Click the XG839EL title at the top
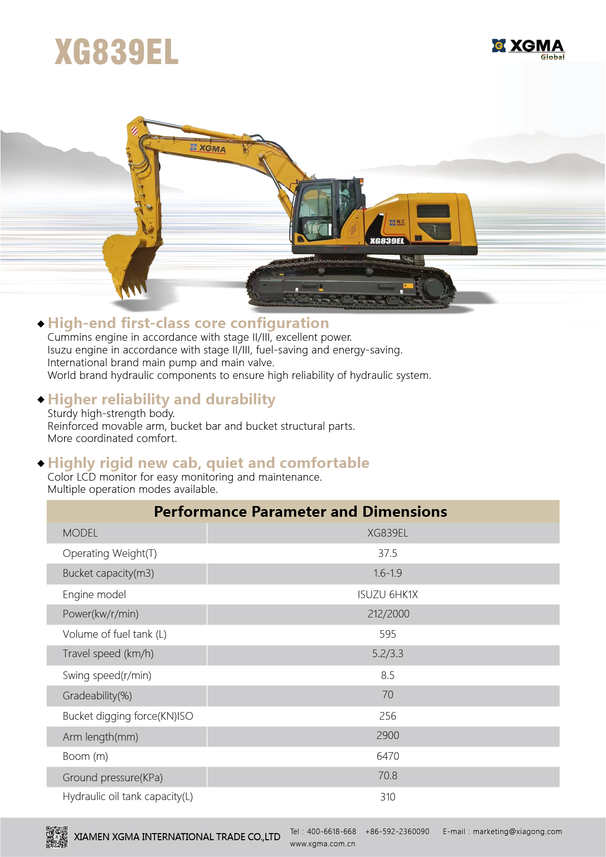pos(116,52)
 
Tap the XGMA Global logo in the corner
pos(528,49)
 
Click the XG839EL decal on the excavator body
pos(387,241)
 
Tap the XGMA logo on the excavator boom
pos(208,148)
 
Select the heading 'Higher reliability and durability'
pos(162,399)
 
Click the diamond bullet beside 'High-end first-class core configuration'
pos(41,323)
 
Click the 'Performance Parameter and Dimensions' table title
pos(300,511)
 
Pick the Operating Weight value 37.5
pos(387,553)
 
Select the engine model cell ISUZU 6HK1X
pos(387,594)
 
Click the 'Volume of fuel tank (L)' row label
pos(114,634)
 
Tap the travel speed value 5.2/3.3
pos(387,654)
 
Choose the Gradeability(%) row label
pos(97,695)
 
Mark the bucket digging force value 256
pos(387,716)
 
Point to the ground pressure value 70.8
pos(387,776)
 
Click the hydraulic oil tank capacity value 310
pos(387,797)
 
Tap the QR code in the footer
pos(56,837)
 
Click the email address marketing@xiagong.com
pos(517,832)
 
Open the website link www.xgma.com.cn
pos(322,844)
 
